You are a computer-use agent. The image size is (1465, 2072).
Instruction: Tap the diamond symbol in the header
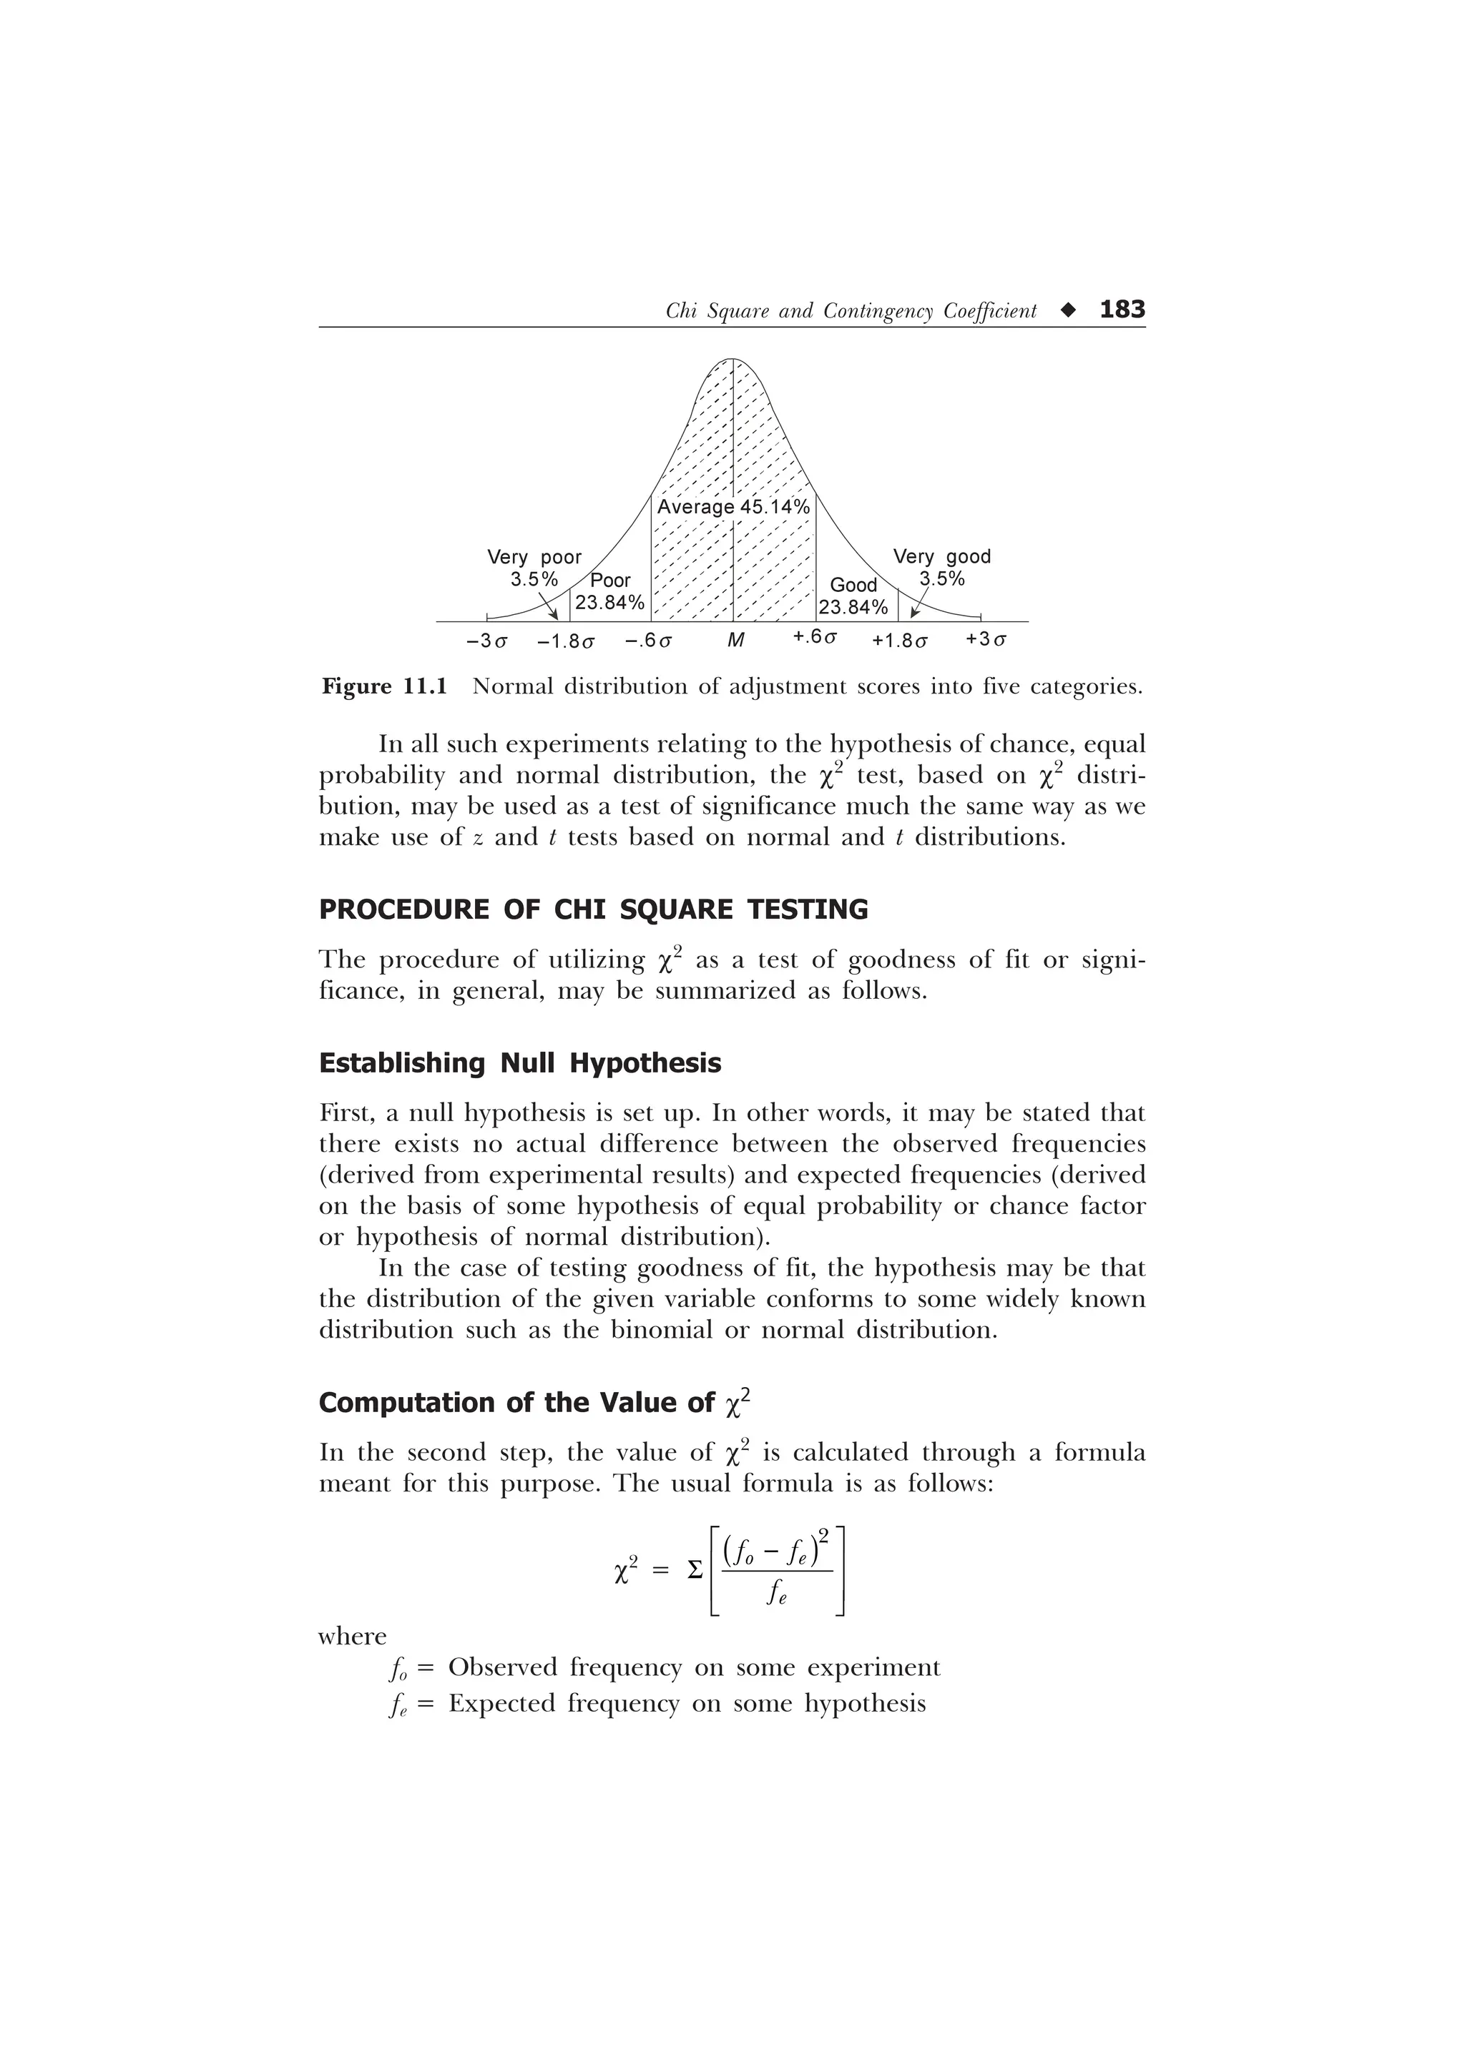pos(1069,311)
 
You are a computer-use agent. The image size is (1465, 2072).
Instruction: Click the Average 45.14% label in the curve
pos(733,507)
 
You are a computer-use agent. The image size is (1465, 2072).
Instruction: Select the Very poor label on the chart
pos(534,557)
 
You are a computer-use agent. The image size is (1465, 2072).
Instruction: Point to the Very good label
pos(941,557)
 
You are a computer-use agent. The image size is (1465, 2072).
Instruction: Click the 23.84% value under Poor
pos(610,603)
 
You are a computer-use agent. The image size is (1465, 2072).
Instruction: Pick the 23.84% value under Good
pos(853,607)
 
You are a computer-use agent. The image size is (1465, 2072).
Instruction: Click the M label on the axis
pos(735,641)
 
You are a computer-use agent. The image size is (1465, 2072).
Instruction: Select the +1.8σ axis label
pos(899,641)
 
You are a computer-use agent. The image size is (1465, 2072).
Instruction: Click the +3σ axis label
pos(986,640)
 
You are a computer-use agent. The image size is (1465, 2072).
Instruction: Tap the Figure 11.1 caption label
pos(385,687)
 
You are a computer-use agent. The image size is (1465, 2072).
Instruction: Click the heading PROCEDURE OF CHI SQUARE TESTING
pos(593,909)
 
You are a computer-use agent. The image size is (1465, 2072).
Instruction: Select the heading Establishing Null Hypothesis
pos(520,1063)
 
